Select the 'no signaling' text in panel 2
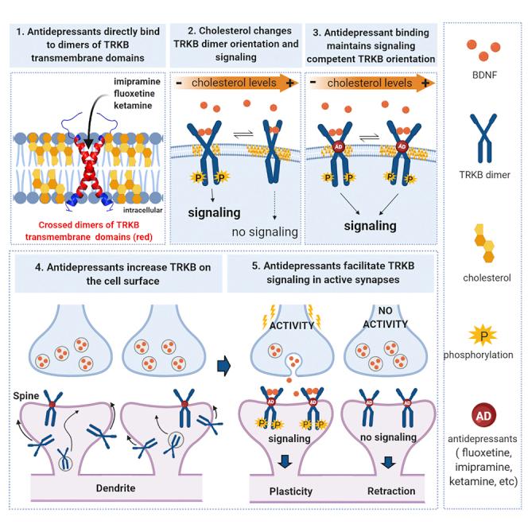point(262,231)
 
